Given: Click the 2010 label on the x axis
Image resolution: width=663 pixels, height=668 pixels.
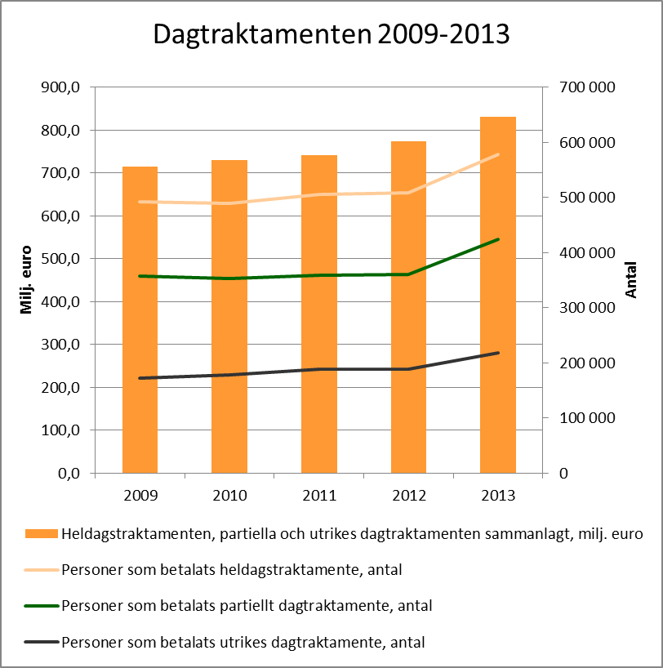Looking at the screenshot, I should (x=229, y=495).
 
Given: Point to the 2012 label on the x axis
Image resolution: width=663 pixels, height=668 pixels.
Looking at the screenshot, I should (x=408, y=495).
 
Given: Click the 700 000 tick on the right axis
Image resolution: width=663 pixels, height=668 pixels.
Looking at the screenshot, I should (x=587, y=87).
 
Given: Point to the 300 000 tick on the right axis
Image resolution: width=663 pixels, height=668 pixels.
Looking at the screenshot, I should (x=587, y=308).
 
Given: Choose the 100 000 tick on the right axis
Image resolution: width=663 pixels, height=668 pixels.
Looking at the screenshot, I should (x=587, y=418).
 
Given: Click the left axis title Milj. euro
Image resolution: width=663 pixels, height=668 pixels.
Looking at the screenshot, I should (x=26, y=280).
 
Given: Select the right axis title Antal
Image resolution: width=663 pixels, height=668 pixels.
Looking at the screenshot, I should (x=631, y=280).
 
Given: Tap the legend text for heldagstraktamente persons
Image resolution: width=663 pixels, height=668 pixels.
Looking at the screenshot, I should (x=232, y=570).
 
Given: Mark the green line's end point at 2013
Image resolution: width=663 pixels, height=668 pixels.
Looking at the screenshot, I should (x=498, y=239).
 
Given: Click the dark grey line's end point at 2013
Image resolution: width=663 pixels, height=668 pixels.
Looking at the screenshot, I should (x=498, y=353).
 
